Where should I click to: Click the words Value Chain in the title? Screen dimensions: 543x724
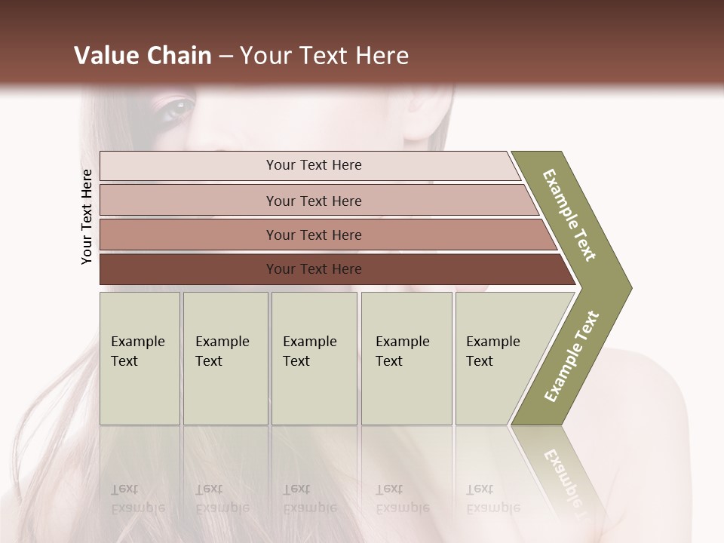[x=143, y=56]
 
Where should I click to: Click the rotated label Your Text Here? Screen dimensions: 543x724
[x=87, y=216]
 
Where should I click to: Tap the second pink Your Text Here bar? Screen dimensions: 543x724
[x=313, y=201]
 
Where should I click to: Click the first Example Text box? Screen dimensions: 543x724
[x=140, y=358]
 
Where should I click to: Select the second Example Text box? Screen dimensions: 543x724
[x=225, y=358]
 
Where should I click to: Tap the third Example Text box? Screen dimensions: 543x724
[x=314, y=358]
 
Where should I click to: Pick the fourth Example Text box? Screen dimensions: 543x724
[x=406, y=358]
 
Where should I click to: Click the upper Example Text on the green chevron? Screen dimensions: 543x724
[x=569, y=215]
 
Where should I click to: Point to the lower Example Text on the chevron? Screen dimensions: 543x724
[x=572, y=356]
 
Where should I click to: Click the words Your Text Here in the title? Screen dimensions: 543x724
[x=324, y=56]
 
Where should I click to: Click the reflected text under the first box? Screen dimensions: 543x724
[x=138, y=499]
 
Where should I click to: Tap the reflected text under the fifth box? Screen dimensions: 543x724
[x=493, y=499]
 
